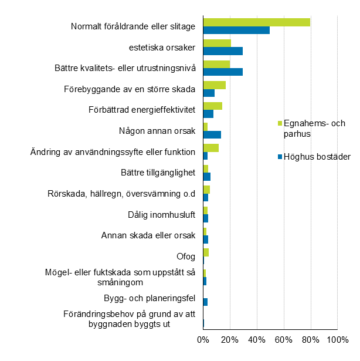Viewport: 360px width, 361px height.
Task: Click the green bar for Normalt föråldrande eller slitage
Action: coord(256,22)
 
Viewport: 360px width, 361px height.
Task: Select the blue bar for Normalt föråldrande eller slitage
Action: coord(236,30)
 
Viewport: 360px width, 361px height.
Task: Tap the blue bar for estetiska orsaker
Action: coord(223,51)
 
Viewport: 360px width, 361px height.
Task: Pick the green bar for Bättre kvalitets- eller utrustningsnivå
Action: coord(216,64)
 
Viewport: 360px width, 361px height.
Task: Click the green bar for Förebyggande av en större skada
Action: coord(214,85)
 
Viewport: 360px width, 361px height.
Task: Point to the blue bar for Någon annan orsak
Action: coord(212,134)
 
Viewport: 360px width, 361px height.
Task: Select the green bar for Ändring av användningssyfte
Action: coord(210,148)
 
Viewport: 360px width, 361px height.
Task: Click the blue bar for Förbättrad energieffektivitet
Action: coord(208,114)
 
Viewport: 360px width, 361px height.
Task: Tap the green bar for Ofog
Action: coord(206,252)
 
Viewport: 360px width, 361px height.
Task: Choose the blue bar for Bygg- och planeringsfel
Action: coord(205,302)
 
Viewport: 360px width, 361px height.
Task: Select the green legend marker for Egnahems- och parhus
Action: coord(280,123)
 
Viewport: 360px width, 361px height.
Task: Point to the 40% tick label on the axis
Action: coord(256,340)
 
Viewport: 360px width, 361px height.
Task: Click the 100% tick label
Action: coord(337,340)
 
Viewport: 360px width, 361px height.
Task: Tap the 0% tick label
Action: coord(203,340)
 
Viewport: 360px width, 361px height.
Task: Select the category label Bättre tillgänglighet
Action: coord(155,173)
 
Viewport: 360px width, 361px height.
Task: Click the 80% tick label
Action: coord(310,340)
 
